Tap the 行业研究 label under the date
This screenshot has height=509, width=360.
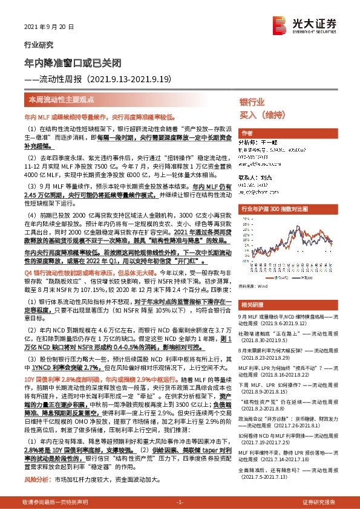(38, 45)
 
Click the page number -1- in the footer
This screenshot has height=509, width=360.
(179, 502)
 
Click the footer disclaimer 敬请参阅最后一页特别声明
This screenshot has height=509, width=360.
(54, 502)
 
